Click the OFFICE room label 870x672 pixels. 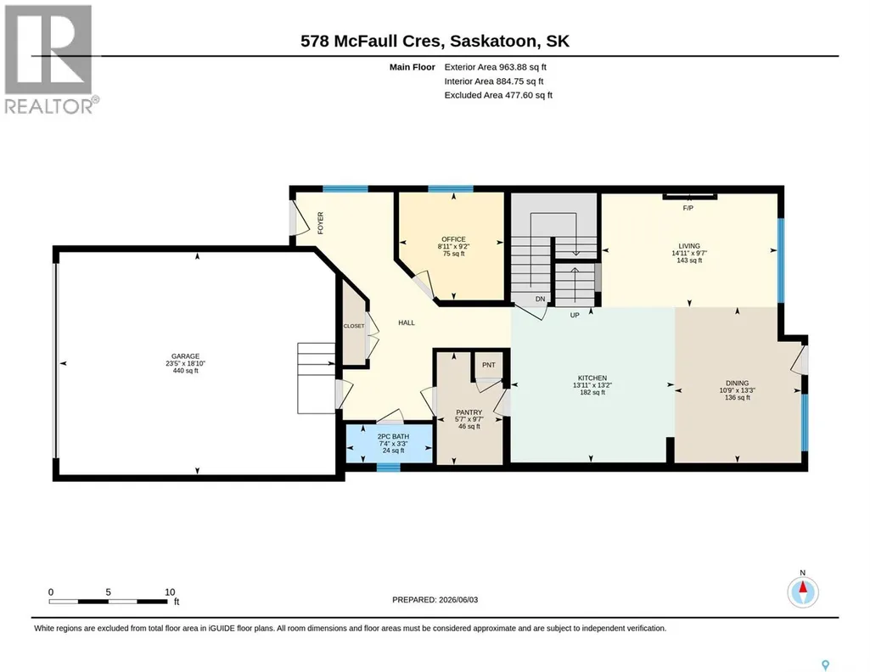pyautogui.click(x=453, y=239)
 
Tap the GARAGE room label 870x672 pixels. pyautogui.click(x=185, y=356)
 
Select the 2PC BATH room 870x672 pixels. pyautogui.click(x=389, y=443)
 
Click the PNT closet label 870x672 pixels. pyautogui.click(x=489, y=365)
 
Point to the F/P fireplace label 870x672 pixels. pyautogui.click(x=688, y=209)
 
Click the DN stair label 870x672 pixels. pyautogui.click(x=541, y=299)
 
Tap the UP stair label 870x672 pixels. pyautogui.click(x=575, y=315)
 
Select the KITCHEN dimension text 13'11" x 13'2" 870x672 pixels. pyautogui.click(x=592, y=385)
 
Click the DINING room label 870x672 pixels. pyautogui.click(x=738, y=384)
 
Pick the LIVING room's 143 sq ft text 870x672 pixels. pyautogui.click(x=690, y=260)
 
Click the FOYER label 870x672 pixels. pyautogui.click(x=320, y=223)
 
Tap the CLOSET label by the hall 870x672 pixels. pyautogui.click(x=354, y=326)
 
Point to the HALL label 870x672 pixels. pyautogui.click(x=407, y=322)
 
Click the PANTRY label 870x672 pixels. pyautogui.click(x=469, y=412)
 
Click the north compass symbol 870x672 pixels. pyautogui.click(x=803, y=592)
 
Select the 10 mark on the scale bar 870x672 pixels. pyautogui.click(x=170, y=592)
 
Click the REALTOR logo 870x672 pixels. pyautogui.click(x=51, y=59)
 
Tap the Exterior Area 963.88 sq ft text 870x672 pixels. pyautogui.click(x=496, y=67)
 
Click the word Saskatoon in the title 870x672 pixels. pyautogui.click(x=493, y=41)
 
